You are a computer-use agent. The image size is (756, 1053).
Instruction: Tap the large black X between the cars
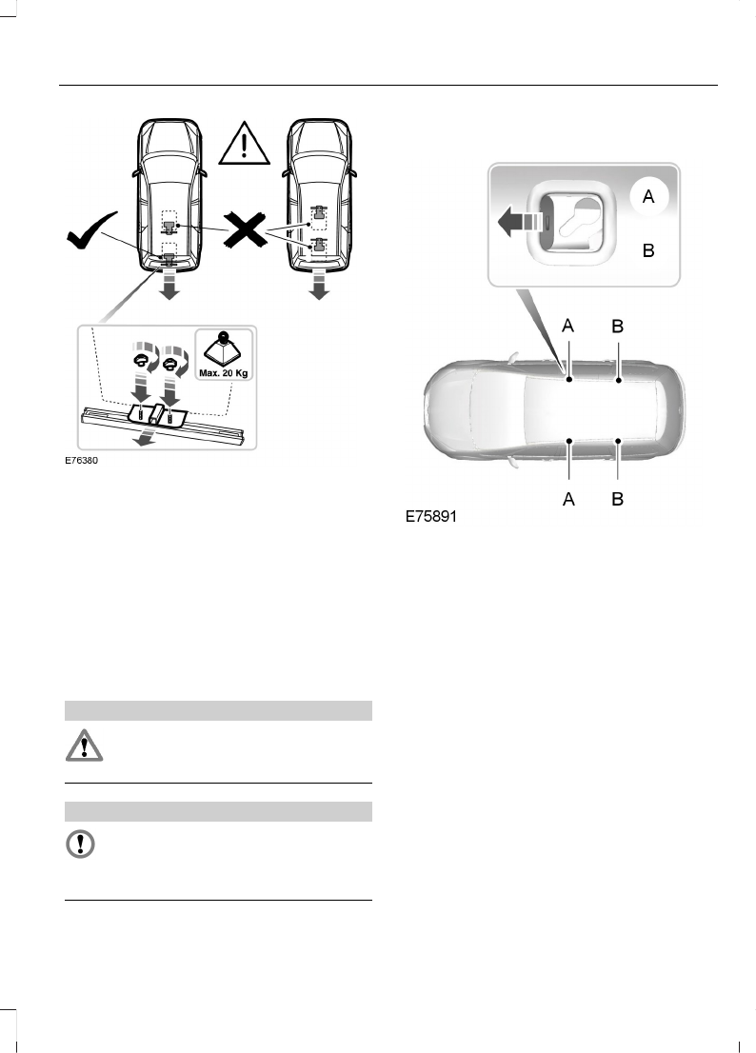(x=245, y=228)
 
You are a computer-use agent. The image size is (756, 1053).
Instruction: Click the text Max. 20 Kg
(x=223, y=372)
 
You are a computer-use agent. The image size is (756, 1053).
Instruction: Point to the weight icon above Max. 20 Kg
(x=223, y=348)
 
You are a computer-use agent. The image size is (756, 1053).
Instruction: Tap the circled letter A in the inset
(x=648, y=197)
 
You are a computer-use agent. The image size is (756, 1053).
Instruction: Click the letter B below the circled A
(x=648, y=251)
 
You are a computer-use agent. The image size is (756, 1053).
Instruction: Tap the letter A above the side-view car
(x=568, y=326)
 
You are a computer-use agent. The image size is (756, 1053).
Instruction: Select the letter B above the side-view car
(x=618, y=326)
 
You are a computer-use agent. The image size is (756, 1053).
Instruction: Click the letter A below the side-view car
(x=568, y=498)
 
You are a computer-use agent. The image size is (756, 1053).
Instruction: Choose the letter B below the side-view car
(x=618, y=498)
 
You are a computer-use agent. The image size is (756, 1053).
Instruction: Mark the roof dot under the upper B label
(x=618, y=381)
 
